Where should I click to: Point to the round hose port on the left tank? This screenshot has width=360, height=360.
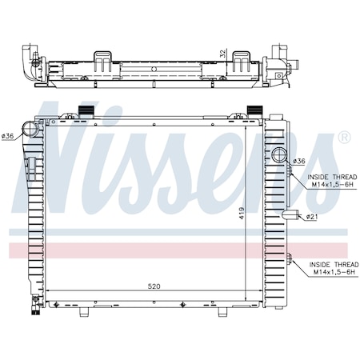tap(30, 128)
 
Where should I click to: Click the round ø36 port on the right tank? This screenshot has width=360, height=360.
tap(279, 155)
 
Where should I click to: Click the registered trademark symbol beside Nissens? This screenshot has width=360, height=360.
tap(344, 138)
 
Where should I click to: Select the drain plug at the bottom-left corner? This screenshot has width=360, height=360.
tap(35, 302)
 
